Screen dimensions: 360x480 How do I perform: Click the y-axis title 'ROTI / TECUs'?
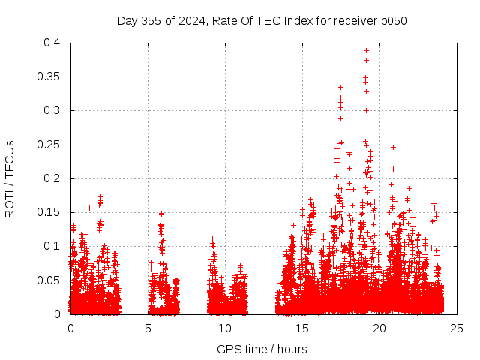pyautogui.click(x=10, y=178)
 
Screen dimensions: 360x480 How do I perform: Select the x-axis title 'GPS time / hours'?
pyautogui.click(x=262, y=349)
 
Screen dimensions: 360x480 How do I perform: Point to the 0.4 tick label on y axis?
pyautogui.click(x=52, y=43)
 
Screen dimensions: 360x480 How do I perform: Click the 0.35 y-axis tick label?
pyautogui.click(x=49, y=76)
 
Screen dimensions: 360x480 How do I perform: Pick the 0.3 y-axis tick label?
pyautogui.click(x=52, y=110)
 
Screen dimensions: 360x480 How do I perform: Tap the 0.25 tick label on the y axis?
pyautogui.click(x=49, y=145)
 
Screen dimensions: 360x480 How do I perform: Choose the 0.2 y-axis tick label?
pyautogui.click(x=52, y=178)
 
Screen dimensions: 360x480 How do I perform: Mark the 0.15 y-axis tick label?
pyautogui.click(x=49, y=212)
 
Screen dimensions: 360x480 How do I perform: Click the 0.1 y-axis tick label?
pyautogui.click(x=52, y=246)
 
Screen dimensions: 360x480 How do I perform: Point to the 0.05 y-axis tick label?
pyautogui.click(x=49, y=280)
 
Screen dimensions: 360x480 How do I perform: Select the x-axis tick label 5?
pyautogui.click(x=148, y=328)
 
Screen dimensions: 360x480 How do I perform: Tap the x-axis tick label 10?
pyautogui.click(x=226, y=328)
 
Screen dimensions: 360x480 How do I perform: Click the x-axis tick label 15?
pyautogui.click(x=303, y=328)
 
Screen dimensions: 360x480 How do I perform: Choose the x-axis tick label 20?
pyautogui.click(x=380, y=328)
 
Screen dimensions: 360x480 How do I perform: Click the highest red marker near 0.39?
pyautogui.click(x=366, y=51)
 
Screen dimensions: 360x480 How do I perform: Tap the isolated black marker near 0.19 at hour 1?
pyautogui.click(x=82, y=187)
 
